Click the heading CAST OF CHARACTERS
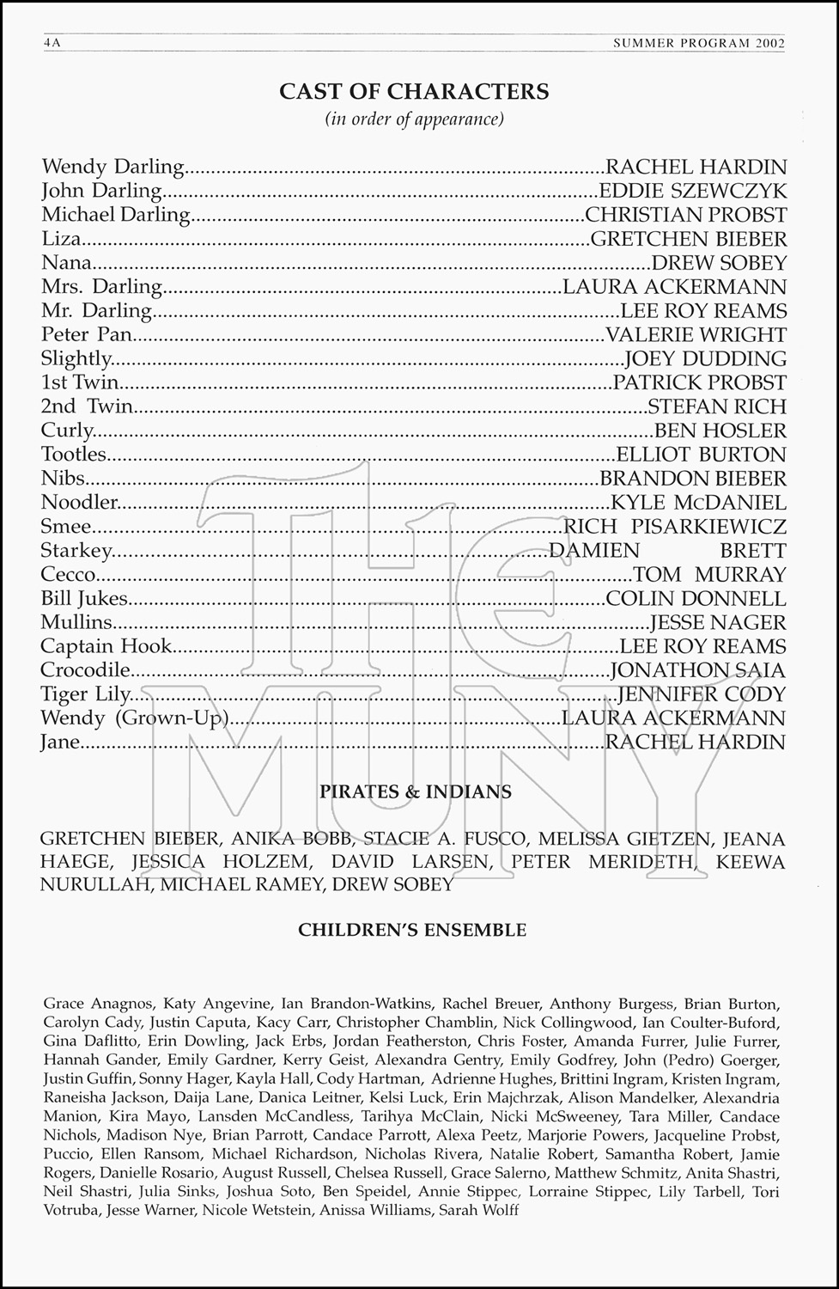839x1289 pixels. click(414, 92)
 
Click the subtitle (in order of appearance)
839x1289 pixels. click(414, 119)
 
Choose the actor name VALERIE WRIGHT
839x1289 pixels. click(696, 334)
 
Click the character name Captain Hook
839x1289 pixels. click(106, 646)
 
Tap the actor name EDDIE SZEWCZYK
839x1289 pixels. click(692, 190)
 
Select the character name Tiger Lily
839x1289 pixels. click(86, 694)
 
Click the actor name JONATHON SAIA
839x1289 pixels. click(698, 670)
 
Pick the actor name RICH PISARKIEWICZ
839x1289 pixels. click(675, 526)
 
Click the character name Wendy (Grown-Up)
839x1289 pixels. click(135, 718)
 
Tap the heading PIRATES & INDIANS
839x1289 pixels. click(416, 791)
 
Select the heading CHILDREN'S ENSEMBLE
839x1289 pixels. click(412, 930)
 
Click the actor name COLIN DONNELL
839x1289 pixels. click(696, 598)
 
